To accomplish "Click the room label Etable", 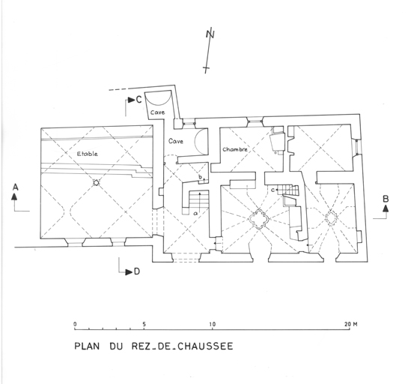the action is coord(88,154).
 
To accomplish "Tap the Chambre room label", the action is coord(235,149).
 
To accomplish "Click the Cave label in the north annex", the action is coord(157,112).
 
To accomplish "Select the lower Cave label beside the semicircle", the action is coord(176,141).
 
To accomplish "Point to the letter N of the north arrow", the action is coord(210,34).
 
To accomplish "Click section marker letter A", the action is coord(16,187).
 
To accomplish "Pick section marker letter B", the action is coord(386,199).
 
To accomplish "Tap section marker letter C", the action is coord(138,100).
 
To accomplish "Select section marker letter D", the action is coord(137,272).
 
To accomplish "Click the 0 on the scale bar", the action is coord(75,324).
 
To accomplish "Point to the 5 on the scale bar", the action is coord(144,324).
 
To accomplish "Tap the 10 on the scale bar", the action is coord(213,324).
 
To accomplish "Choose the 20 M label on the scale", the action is coord(351,324).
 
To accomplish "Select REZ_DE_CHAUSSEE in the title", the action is coord(182,346).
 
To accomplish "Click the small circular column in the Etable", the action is coord(96,183).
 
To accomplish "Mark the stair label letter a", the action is coord(195,214).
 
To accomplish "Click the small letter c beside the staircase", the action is coord(272,190).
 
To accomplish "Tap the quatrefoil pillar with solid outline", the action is coord(258,218).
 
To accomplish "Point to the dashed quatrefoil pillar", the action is coord(331,217).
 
